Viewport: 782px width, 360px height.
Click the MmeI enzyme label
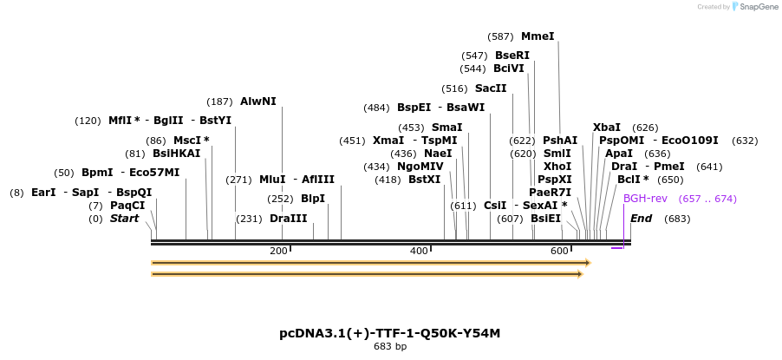538,36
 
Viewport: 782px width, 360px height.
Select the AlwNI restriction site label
258,101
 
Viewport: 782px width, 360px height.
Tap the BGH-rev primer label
645,199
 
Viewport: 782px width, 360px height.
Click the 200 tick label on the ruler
278,251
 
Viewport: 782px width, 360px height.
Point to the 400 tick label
419,251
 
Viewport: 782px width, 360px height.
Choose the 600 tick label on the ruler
559,251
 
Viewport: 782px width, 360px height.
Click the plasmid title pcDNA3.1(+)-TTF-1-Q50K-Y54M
389,333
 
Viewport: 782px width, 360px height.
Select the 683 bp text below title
389,346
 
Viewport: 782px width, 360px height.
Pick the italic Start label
124,219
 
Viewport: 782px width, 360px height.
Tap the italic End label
642,219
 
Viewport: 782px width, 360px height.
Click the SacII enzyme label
491,88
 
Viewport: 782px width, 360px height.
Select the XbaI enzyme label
607,128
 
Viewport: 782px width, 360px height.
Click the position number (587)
500,36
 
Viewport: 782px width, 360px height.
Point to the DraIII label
288,219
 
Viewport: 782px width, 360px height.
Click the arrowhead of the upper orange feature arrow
587,262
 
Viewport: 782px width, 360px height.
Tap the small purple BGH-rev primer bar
616,248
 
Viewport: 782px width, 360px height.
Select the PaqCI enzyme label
127,206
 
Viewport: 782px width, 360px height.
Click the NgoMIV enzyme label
420,167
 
